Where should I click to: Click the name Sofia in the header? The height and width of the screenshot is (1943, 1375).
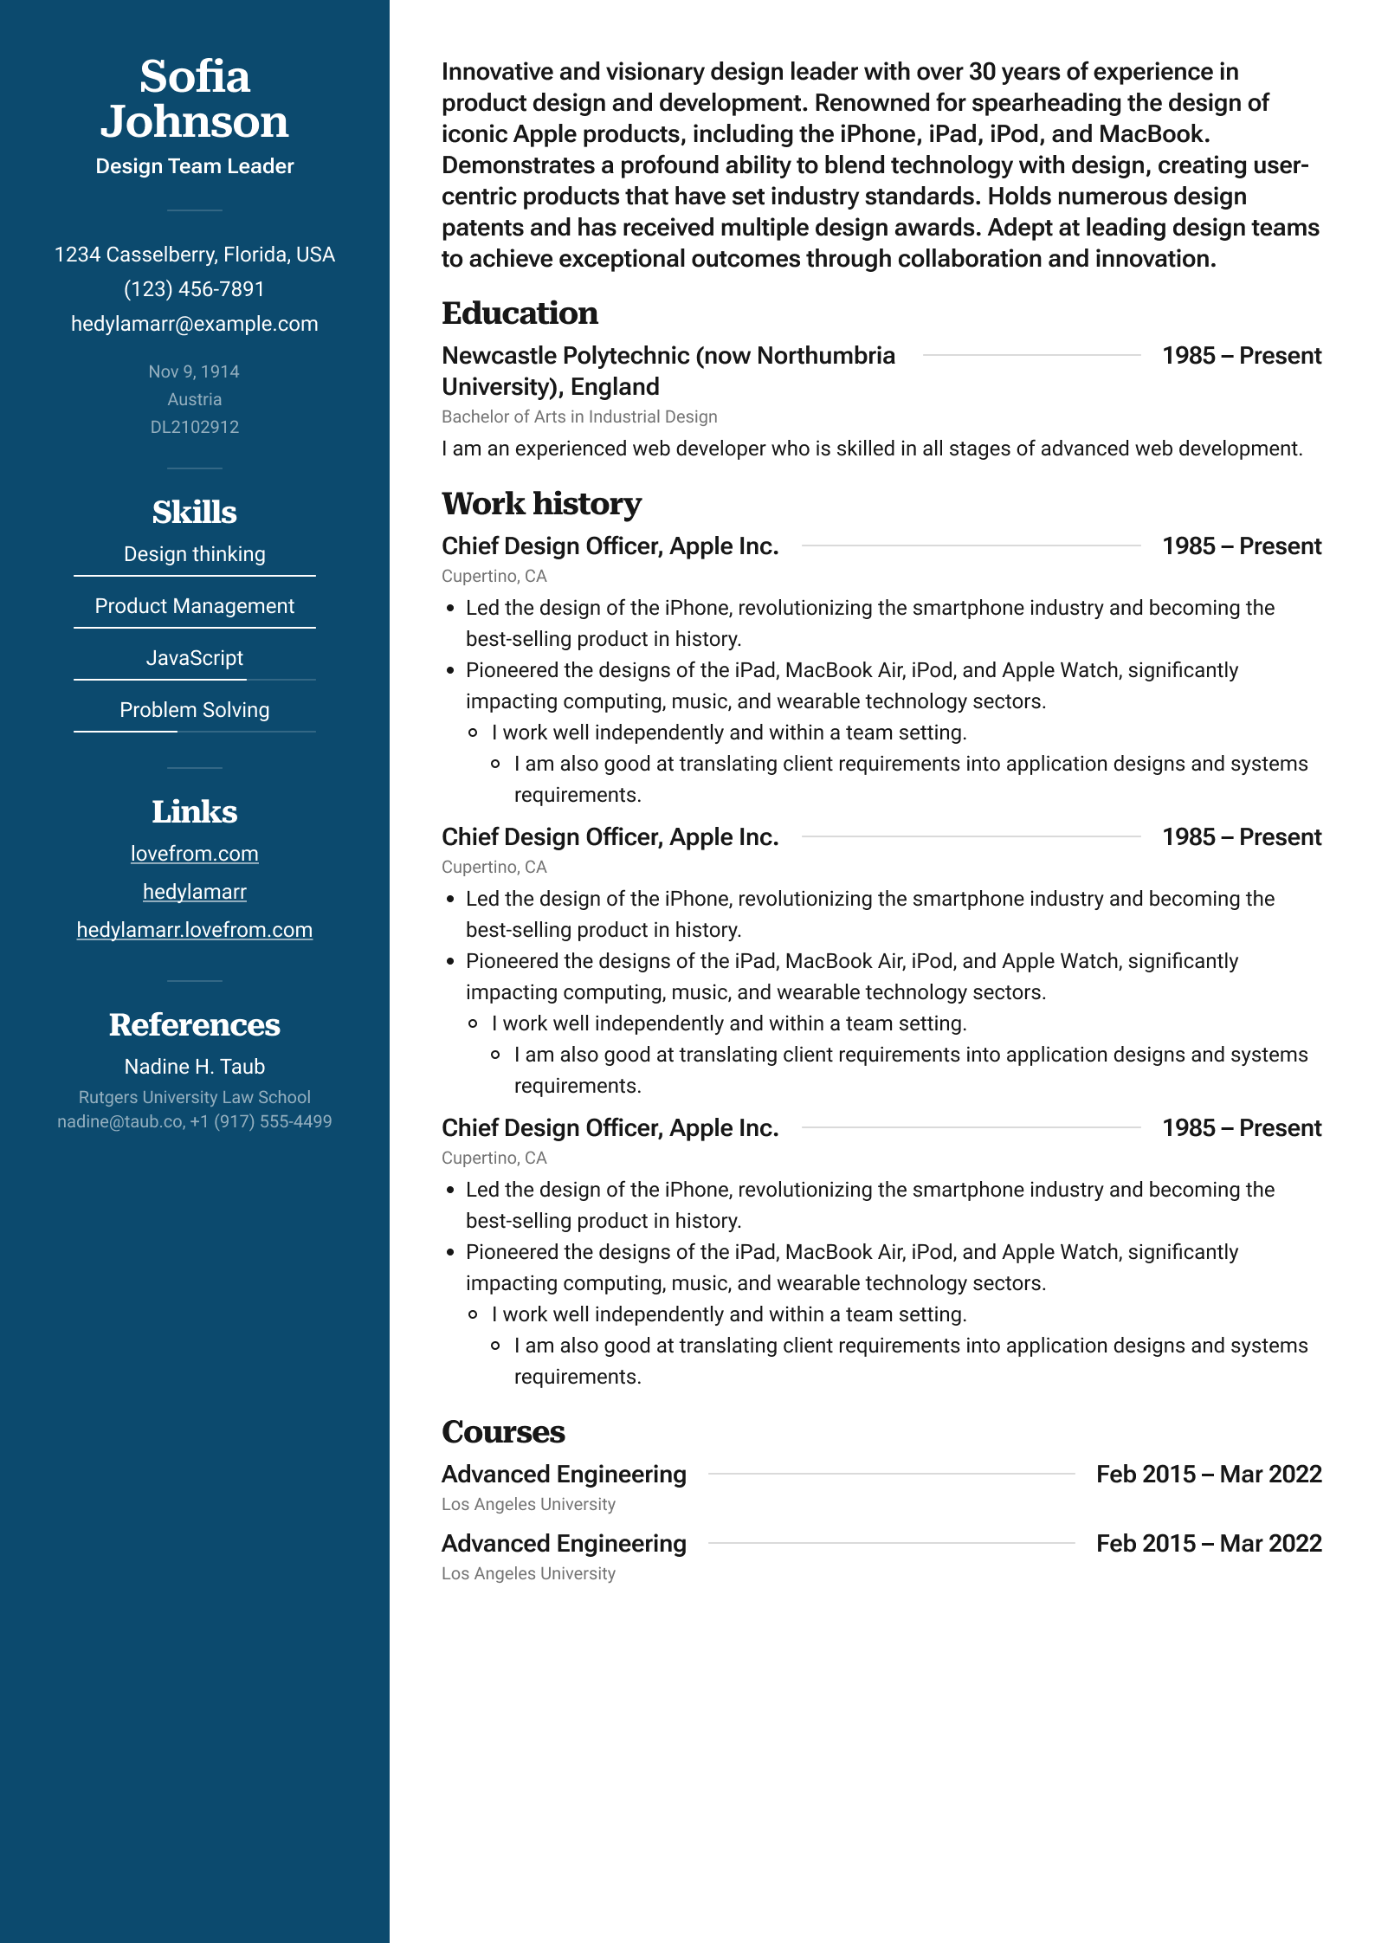click(x=195, y=76)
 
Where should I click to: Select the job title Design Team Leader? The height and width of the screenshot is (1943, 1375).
click(x=195, y=166)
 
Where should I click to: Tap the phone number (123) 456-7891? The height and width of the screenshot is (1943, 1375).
click(x=195, y=289)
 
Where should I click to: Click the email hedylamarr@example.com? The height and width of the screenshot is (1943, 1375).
click(x=195, y=324)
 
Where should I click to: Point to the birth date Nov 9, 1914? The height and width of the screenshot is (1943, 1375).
click(x=195, y=371)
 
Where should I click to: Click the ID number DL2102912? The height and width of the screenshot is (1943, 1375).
click(x=195, y=427)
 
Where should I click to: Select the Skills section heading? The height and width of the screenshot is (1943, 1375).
click(x=195, y=512)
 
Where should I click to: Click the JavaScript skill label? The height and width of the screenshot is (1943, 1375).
click(x=195, y=658)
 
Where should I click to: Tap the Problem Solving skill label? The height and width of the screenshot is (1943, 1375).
click(x=195, y=710)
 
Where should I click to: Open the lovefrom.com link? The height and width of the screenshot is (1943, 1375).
click(x=195, y=854)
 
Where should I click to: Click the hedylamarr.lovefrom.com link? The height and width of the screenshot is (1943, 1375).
click(x=195, y=930)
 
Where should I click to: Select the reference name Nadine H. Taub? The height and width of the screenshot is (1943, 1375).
click(x=195, y=1067)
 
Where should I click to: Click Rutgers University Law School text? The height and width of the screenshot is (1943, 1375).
click(x=195, y=1097)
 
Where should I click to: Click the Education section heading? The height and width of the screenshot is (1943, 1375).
click(x=520, y=313)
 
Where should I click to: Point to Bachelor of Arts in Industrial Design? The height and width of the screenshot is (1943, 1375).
click(x=579, y=416)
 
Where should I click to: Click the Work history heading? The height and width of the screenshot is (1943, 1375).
click(x=541, y=504)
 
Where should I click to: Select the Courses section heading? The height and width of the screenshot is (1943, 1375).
click(x=503, y=1432)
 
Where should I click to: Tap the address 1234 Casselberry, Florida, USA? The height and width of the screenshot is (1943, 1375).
click(x=195, y=255)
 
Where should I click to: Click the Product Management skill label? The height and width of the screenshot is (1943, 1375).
click(x=195, y=606)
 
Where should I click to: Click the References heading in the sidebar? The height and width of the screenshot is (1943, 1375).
click(x=195, y=1025)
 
